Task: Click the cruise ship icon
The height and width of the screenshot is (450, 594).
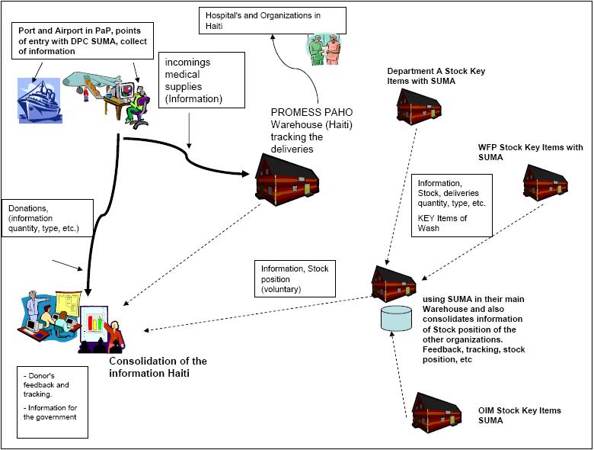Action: click(39, 99)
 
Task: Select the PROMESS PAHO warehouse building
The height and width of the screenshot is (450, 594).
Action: click(286, 180)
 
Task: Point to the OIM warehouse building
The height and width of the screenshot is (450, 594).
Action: click(436, 413)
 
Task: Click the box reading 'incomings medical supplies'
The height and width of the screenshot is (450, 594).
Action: click(201, 79)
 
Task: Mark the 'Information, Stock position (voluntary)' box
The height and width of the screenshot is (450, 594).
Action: click(295, 278)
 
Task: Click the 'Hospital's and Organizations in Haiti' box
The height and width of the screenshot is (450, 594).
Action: click(273, 20)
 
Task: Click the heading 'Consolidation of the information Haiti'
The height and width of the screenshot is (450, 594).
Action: click(158, 367)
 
